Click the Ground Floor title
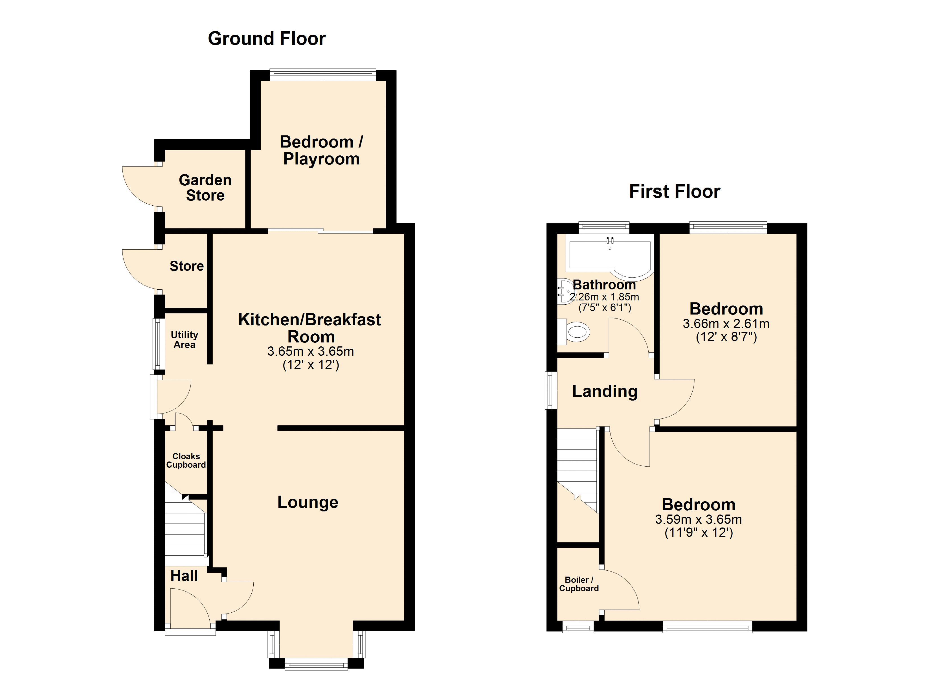[x=267, y=39]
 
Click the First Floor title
[x=675, y=192]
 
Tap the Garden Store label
[x=205, y=188]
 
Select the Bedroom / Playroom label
[x=321, y=150]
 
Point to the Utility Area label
[x=184, y=340]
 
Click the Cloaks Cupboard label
[x=186, y=460]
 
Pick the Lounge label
[x=308, y=502]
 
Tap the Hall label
[x=184, y=576]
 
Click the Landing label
[x=605, y=391]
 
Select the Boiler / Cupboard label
[x=579, y=584]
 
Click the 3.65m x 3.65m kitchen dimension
[x=310, y=351]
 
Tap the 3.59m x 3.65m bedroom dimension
[x=699, y=519]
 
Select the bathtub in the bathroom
[x=610, y=258]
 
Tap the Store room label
[x=187, y=266]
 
